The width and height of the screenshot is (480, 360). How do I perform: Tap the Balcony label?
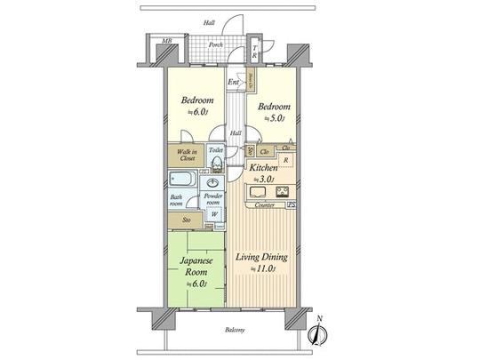click(235, 330)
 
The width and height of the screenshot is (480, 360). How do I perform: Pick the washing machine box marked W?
click(214, 213)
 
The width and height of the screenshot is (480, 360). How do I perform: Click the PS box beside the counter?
click(294, 205)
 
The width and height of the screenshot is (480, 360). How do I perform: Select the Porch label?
click(216, 44)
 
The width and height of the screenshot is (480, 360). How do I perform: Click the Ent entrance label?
click(233, 84)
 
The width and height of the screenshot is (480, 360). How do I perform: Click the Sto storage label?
click(187, 219)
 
